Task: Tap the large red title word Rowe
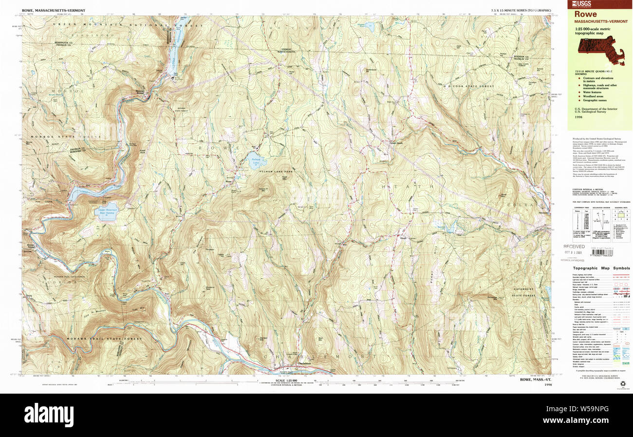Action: pyautogui.click(x=585, y=14)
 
